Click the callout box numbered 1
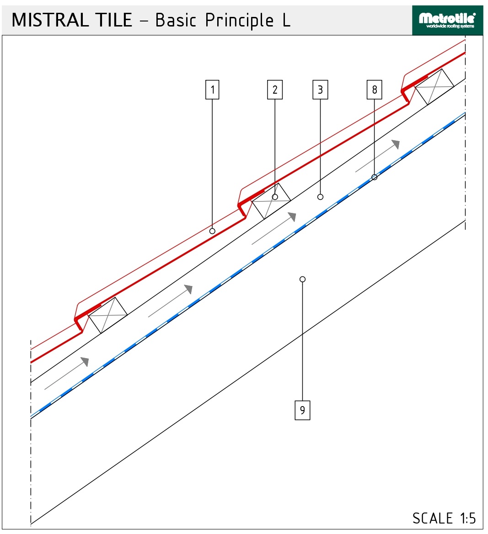[x=212, y=90]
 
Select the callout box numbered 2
[x=275, y=90]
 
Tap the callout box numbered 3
[x=320, y=90]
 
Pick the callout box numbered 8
[x=375, y=90]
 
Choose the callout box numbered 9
[x=302, y=410]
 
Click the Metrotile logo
[x=447, y=21]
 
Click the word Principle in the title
[x=239, y=21]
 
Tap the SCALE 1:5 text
[x=444, y=518]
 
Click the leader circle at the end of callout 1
[x=212, y=231]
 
